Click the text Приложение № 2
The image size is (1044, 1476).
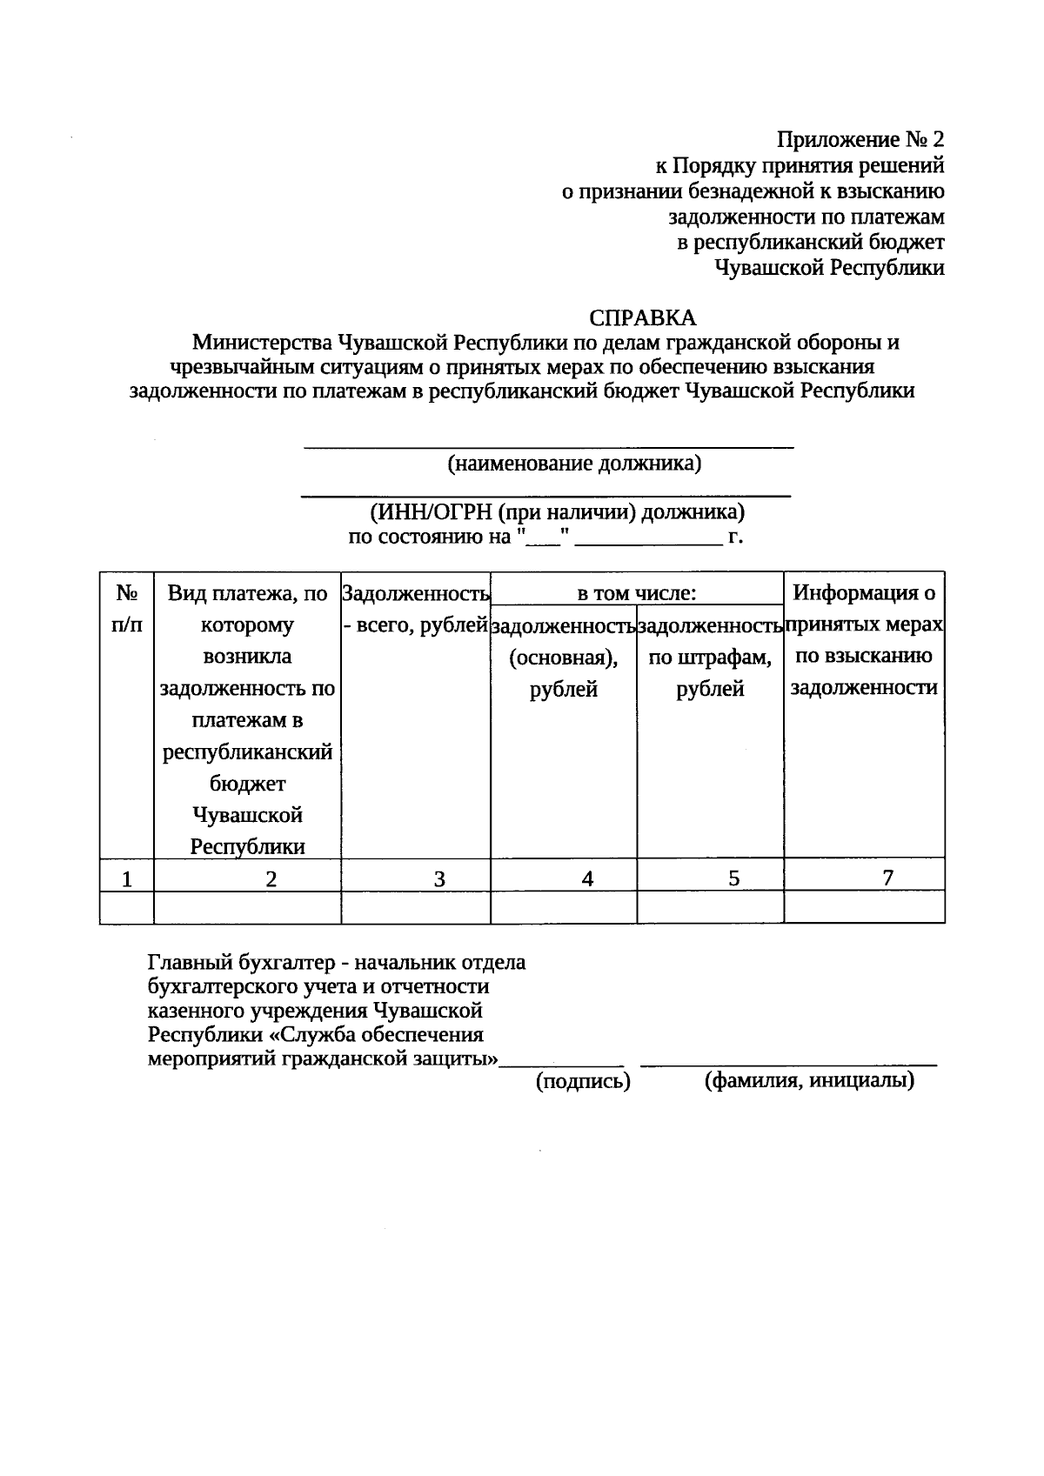[x=860, y=140]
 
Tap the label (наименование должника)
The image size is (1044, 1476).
[x=574, y=463]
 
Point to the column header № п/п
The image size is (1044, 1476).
[x=127, y=609]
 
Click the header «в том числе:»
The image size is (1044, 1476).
[x=637, y=593]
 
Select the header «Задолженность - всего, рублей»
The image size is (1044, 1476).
[x=416, y=609]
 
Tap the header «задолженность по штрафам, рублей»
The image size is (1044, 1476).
[x=710, y=657]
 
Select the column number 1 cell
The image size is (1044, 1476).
[x=127, y=878]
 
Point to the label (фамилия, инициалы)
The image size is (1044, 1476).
[x=809, y=1081]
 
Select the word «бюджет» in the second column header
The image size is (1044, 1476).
[x=248, y=784]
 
